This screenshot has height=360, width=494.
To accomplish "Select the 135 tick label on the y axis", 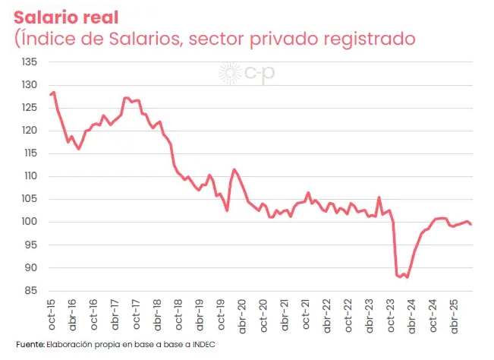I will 30,62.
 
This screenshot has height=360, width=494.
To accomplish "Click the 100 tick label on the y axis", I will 30,222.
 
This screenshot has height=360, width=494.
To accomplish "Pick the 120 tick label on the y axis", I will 30,131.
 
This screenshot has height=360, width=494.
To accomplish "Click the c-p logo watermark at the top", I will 241,73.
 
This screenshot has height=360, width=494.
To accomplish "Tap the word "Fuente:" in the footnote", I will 30,345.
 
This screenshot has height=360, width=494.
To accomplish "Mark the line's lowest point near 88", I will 407,277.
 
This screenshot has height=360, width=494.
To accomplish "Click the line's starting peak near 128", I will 54,93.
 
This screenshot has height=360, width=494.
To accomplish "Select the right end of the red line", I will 471,224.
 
